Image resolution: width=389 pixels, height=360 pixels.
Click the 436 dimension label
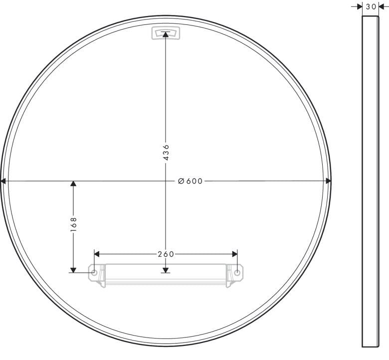(x=166, y=152)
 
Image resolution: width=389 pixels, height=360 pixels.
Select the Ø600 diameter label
(x=191, y=181)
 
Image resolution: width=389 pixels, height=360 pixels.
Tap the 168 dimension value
(x=73, y=224)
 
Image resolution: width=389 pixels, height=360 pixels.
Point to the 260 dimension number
(x=166, y=254)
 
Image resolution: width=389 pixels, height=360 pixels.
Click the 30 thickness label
(x=371, y=7)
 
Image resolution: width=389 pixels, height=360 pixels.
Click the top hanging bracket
(x=166, y=33)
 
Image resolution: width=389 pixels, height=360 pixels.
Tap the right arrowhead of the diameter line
(x=328, y=181)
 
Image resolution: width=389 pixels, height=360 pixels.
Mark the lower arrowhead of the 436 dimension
(x=166, y=269)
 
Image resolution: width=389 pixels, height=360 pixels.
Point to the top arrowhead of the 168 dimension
(x=73, y=184)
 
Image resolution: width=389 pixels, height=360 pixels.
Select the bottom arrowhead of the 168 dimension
(x=73, y=269)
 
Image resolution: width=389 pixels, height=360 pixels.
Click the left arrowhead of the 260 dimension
(x=97, y=254)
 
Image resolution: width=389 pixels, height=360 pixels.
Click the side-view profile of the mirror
(x=370, y=180)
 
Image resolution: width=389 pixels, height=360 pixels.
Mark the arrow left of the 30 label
(x=360, y=7)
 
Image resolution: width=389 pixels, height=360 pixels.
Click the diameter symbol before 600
(x=182, y=181)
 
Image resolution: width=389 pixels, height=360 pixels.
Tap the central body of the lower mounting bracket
(x=166, y=276)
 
